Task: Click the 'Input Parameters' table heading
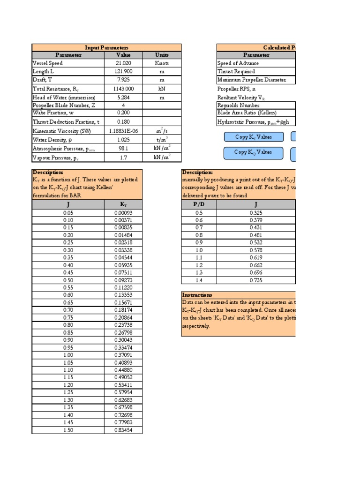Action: pos(106,48)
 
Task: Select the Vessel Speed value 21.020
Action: pos(123,63)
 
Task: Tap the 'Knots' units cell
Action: pos(162,63)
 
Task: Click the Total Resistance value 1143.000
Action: pos(123,89)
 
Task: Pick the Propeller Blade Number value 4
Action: pos(123,105)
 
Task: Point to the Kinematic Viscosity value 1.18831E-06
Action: pos(123,131)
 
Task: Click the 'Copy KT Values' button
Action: pos(253,137)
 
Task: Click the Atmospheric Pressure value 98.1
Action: pos(123,148)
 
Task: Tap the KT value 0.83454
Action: pos(123,430)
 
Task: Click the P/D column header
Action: pos(199,204)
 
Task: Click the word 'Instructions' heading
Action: pos(197,295)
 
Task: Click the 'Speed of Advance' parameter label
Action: pos(238,63)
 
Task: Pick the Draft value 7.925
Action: pos(123,80)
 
